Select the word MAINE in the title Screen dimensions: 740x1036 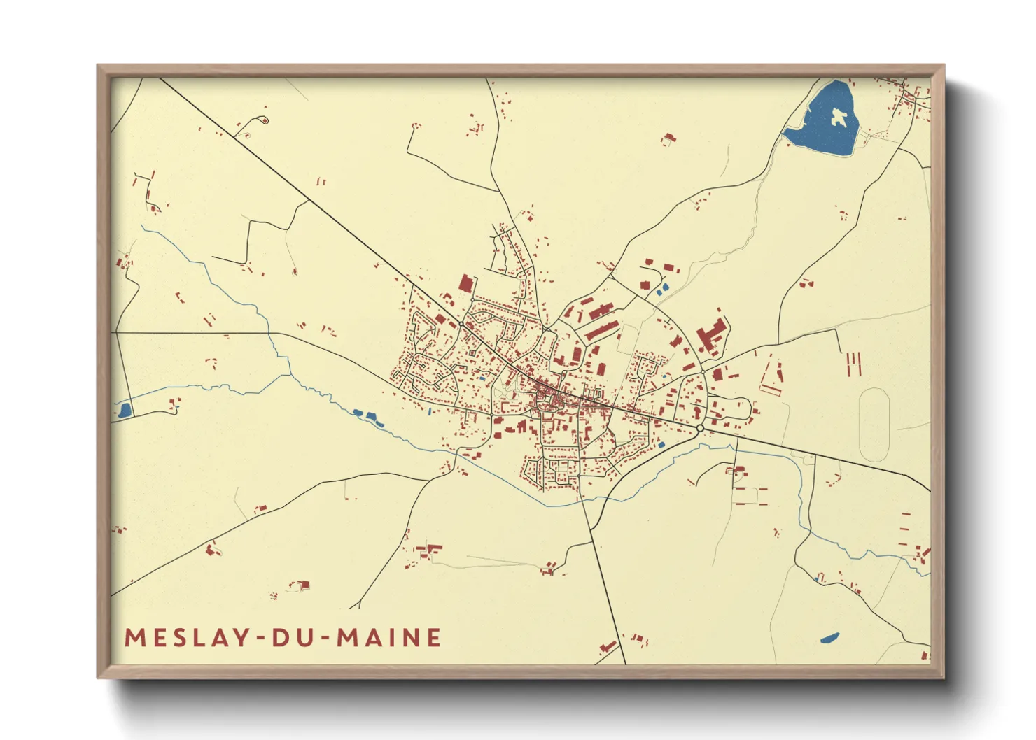point(388,637)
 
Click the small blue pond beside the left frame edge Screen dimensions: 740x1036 point(125,411)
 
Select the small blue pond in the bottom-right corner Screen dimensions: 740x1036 point(829,638)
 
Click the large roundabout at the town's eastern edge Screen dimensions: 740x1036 point(699,427)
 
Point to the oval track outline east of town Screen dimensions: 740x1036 point(874,425)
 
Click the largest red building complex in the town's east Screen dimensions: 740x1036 point(710,335)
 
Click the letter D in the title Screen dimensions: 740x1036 point(278,637)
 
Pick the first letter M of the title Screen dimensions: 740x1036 point(134,637)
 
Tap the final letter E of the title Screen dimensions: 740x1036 point(434,637)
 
